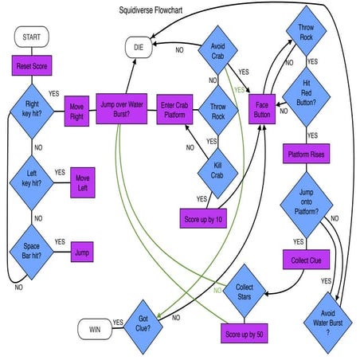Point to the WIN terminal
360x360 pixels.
click(x=95, y=327)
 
